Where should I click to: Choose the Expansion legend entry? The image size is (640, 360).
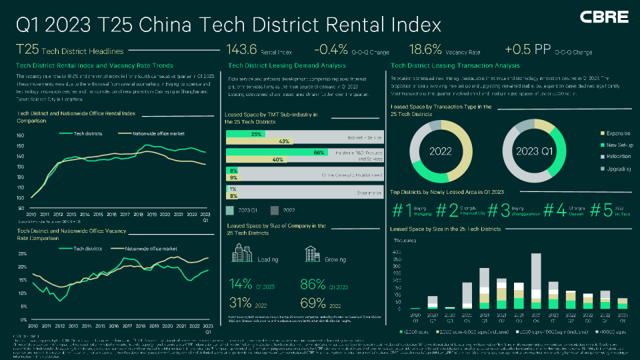(603, 133)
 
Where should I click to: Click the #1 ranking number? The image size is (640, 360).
(401, 210)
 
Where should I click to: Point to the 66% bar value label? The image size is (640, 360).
(318, 153)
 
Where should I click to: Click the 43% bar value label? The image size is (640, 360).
(284, 141)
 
